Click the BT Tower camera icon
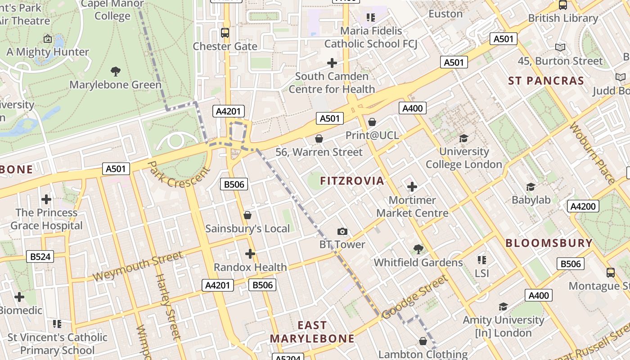coord(342,232)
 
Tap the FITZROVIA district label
coord(352,181)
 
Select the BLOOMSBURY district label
coord(549,243)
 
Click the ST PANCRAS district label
coord(546,81)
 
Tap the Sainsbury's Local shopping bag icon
coord(247,216)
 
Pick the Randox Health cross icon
coord(250,254)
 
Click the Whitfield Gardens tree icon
coord(418,249)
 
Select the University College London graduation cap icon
coord(463,138)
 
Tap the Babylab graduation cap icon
coord(531,187)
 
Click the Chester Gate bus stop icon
coord(225,33)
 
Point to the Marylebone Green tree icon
coord(115,71)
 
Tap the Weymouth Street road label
coord(138,266)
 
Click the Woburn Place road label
coord(592,153)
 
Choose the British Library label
coord(563,18)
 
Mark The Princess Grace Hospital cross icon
coord(46,199)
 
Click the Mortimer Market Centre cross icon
coord(412,187)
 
